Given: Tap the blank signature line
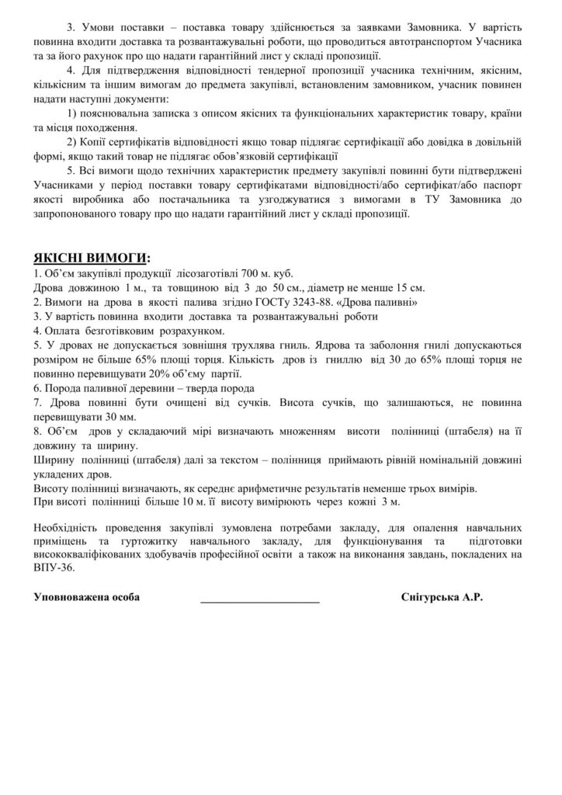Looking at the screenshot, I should point(259,599).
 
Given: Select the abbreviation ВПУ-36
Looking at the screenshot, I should point(50,568).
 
